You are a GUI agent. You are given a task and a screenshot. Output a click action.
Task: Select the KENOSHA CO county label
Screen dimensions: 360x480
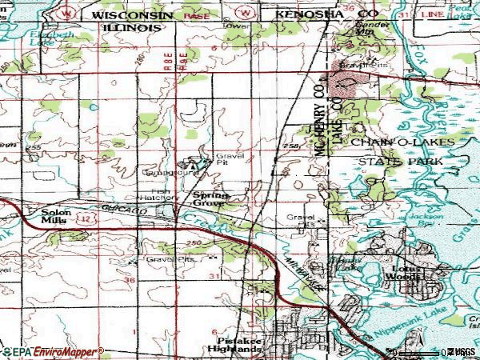point(310,15)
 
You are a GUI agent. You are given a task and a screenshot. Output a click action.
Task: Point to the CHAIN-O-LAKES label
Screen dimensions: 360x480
point(402,142)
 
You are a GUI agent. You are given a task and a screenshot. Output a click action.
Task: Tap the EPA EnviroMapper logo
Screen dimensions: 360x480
point(52,351)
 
